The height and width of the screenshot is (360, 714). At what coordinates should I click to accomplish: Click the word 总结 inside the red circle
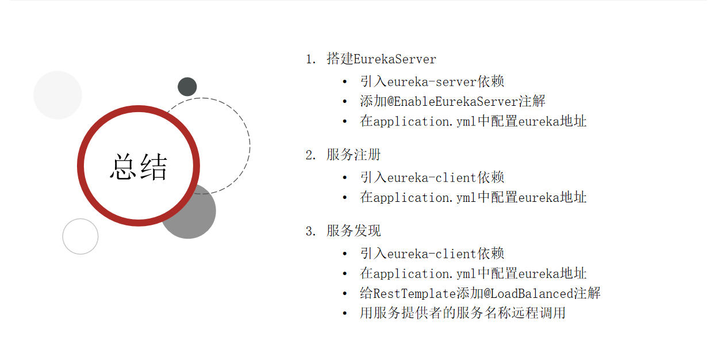point(139,167)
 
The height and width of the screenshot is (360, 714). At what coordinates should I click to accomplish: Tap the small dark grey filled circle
point(187,87)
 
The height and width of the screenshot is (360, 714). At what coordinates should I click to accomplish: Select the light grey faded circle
point(57,95)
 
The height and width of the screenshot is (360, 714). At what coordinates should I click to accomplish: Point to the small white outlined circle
point(80,236)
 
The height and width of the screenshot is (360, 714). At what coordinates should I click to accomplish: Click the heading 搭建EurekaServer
point(381,59)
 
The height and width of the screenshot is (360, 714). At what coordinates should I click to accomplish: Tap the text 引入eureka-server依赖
point(432,82)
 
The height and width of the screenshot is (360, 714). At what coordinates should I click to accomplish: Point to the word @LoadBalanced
point(528,293)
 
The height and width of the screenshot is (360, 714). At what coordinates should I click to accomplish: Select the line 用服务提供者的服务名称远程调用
point(463,313)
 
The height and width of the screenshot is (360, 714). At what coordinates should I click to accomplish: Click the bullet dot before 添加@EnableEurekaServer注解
point(344,102)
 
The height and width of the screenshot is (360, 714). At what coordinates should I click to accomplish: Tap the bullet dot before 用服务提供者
point(344,313)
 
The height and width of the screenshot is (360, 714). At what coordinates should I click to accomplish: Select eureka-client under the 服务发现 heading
point(432,254)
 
